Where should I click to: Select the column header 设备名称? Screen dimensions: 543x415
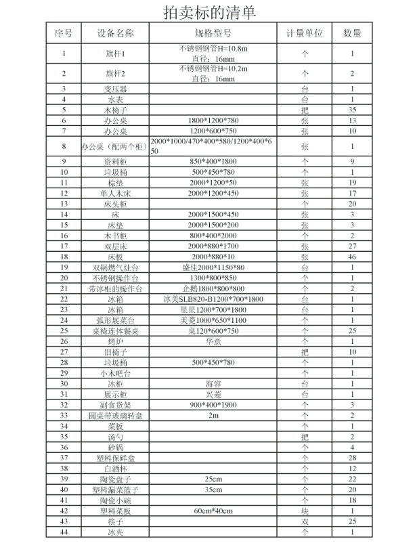(x=115, y=32)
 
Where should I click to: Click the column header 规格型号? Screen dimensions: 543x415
(x=213, y=32)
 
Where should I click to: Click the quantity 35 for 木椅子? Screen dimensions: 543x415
(x=352, y=109)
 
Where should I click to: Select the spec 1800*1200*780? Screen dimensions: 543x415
(x=213, y=120)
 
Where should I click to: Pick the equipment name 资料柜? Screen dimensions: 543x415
(x=115, y=162)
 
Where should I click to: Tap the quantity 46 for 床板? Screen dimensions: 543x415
(x=352, y=257)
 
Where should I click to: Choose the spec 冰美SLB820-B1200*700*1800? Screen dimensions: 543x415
(x=213, y=299)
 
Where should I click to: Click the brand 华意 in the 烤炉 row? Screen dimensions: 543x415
(x=213, y=341)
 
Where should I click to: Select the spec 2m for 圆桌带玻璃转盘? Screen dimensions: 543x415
(x=213, y=415)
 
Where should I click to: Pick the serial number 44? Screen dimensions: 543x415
(x=64, y=531)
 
